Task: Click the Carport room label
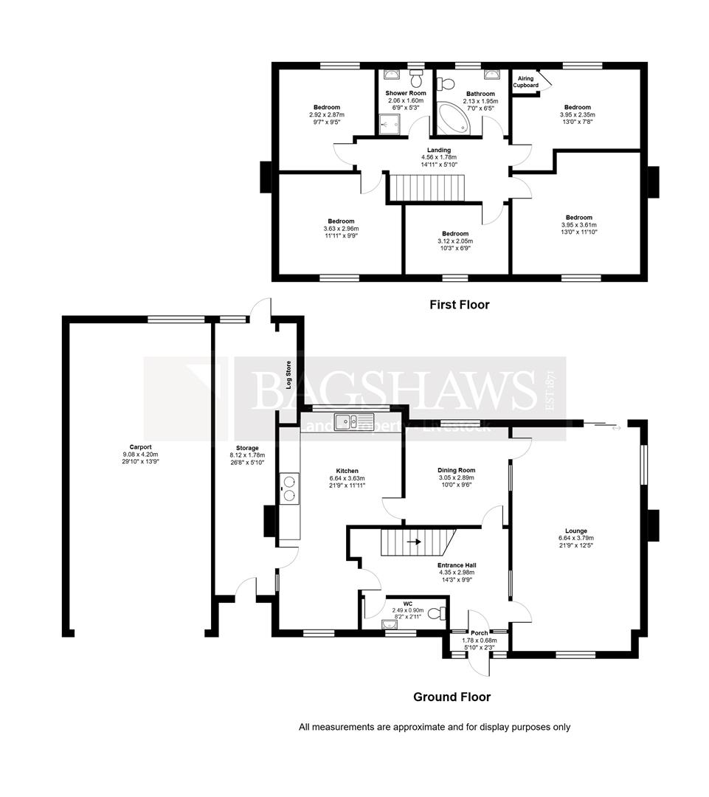click(x=140, y=446)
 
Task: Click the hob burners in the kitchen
click(x=289, y=487)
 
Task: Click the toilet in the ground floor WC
click(x=436, y=612)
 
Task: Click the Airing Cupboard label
click(x=525, y=82)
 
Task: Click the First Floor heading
click(x=460, y=304)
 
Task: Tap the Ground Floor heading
click(x=452, y=697)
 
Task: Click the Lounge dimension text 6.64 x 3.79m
click(x=576, y=538)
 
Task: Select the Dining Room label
click(x=456, y=470)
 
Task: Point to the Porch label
click(x=480, y=632)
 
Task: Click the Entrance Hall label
click(x=454, y=565)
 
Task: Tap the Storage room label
click(x=247, y=448)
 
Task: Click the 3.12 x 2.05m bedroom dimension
click(x=456, y=241)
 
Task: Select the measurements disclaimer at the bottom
click(x=435, y=727)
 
